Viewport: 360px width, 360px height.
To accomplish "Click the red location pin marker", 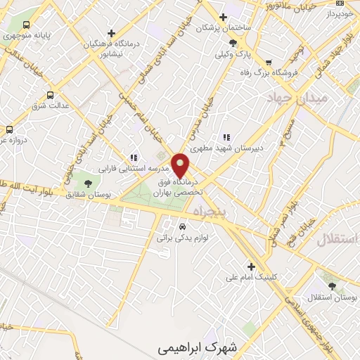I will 181,165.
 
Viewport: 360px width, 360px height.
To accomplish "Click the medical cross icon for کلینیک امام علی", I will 251,266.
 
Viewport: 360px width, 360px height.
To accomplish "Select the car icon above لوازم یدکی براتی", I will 183,226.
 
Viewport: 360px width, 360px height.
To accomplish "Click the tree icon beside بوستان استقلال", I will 331,285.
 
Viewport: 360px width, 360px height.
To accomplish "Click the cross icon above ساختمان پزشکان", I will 224,17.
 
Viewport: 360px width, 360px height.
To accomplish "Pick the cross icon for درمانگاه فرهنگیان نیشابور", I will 111,32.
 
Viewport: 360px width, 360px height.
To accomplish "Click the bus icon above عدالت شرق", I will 49,95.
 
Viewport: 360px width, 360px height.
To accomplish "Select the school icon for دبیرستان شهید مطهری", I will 226,138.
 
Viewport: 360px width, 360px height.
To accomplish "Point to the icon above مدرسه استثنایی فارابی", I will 132,157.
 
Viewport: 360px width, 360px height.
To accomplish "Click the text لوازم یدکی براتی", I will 184,239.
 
